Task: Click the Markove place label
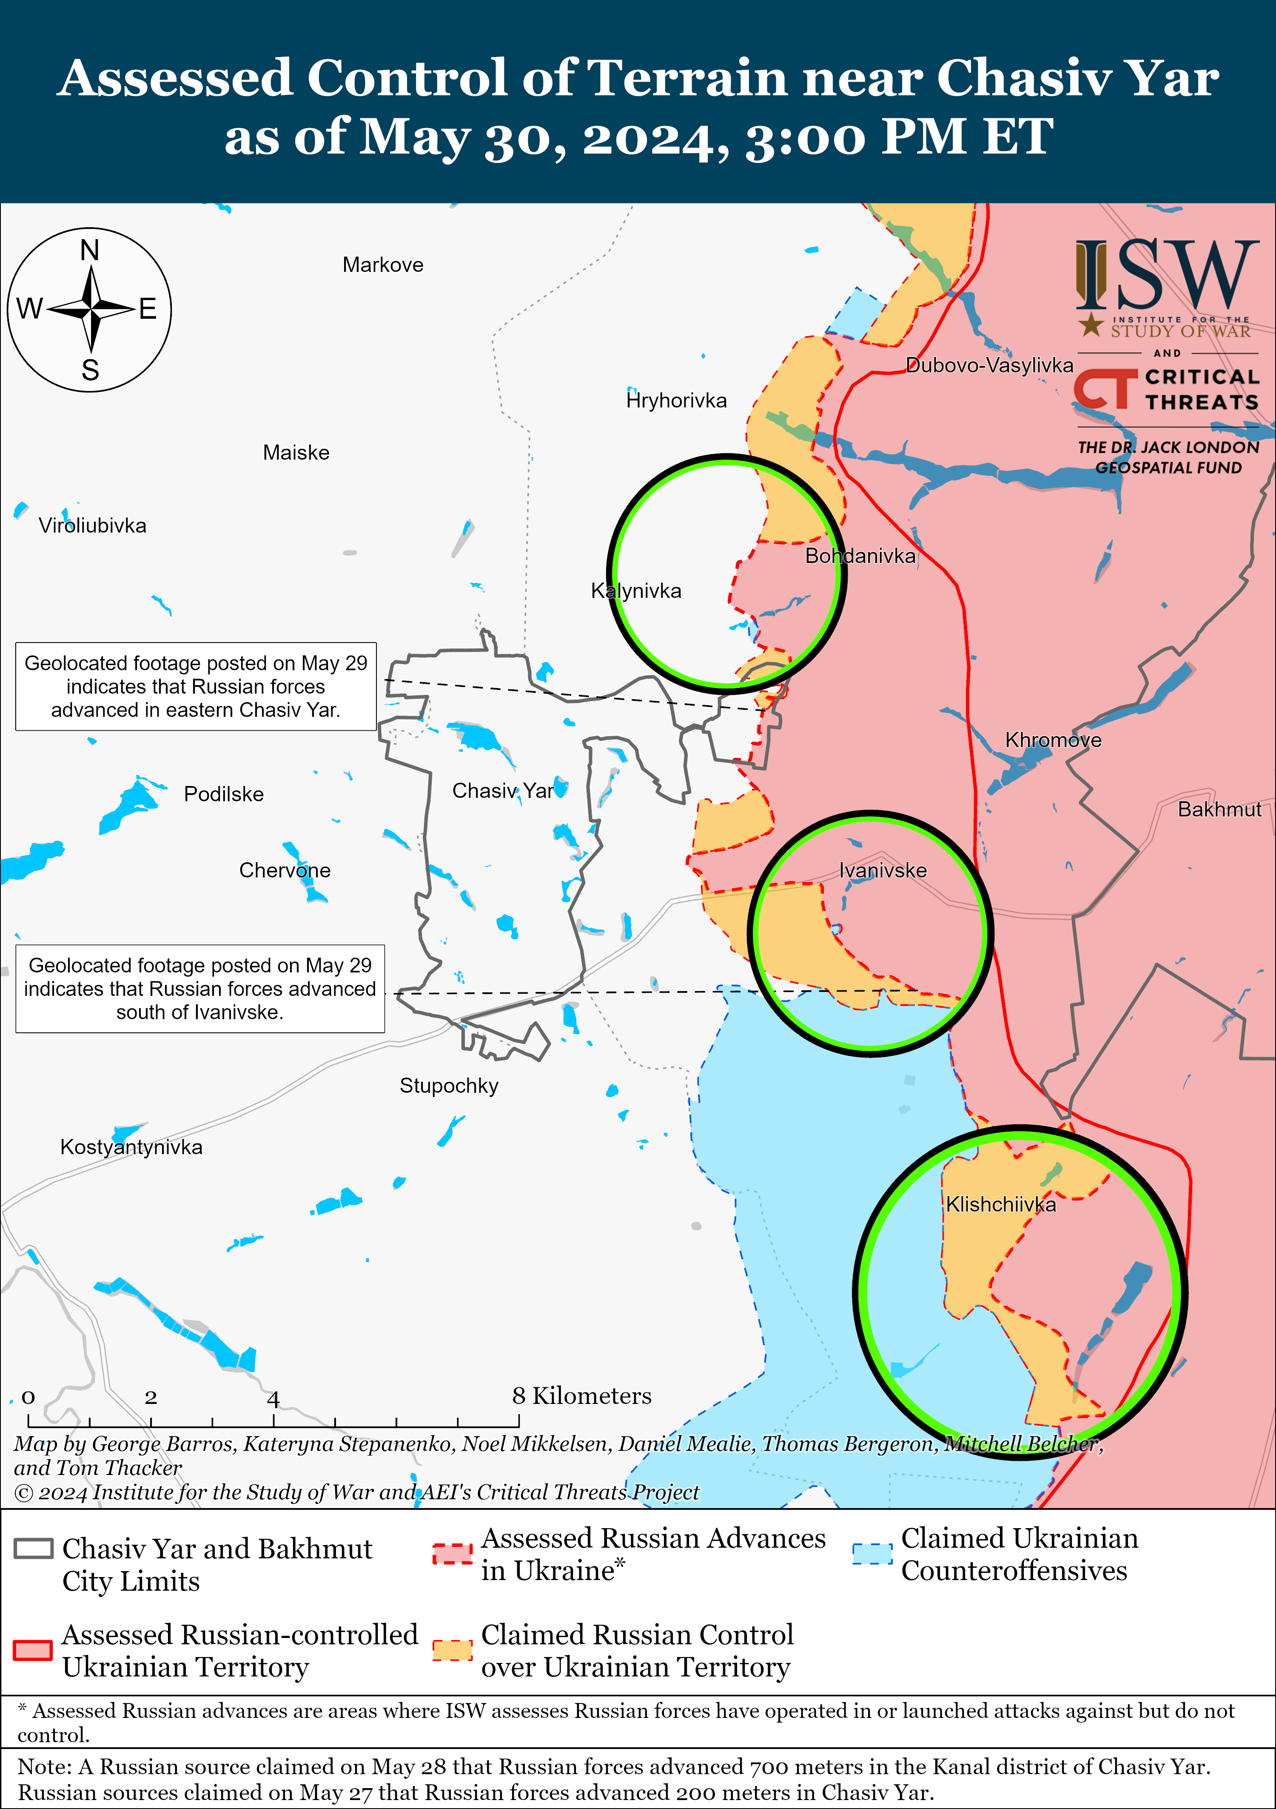(x=383, y=265)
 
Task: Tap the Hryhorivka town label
(x=676, y=400)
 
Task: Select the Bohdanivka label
(x=860, y=556)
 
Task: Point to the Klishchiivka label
(x=1000, y=1204)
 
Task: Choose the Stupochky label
(x=449, y=1086)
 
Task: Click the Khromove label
(x=1053, y=740)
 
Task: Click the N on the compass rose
(x=90, y=251)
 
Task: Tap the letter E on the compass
(x=148, y=309)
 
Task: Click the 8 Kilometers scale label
(x=581, y=1396)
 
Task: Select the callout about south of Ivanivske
(x=200, y=989)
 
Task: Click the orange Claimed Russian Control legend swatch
(x=452, y=1650)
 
